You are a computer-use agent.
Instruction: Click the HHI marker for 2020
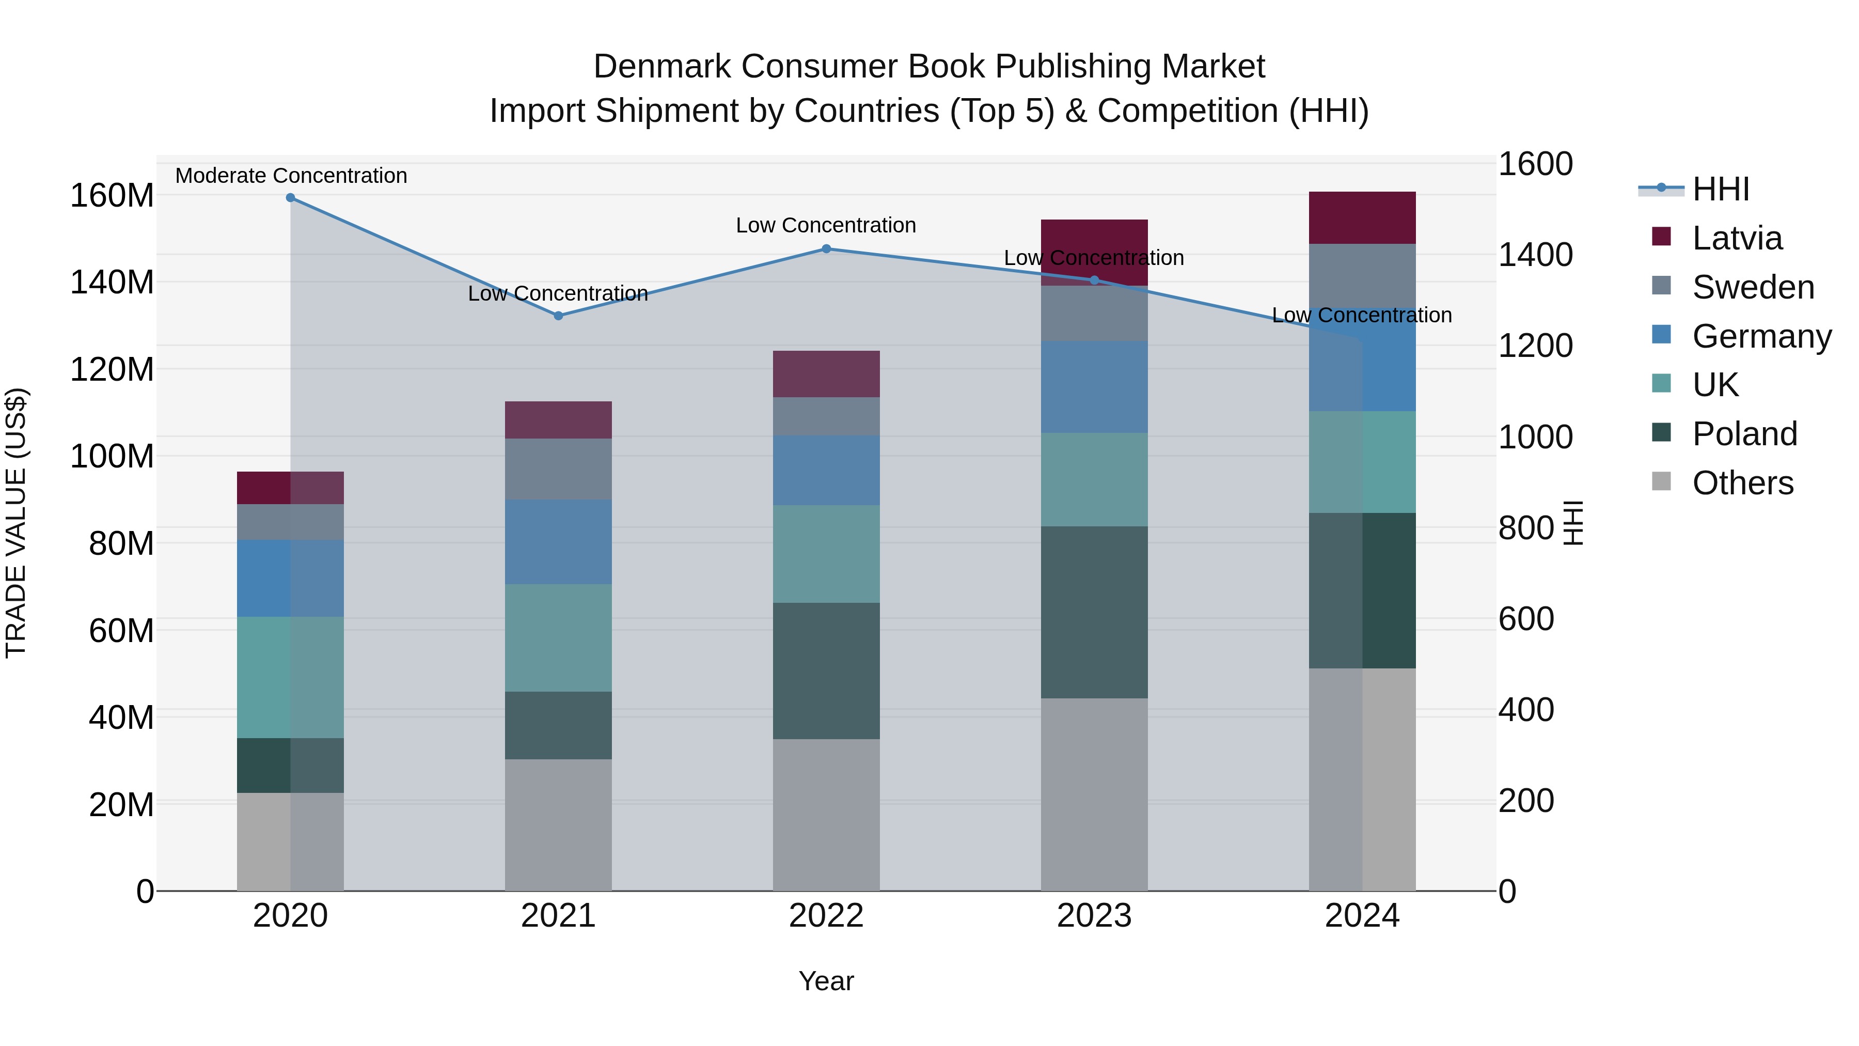[x=290, y=198]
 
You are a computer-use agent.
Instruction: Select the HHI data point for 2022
[x=826, y=249]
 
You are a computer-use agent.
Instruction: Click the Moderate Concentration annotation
[x=291, y=176]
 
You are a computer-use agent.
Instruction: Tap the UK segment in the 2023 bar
[x=1094, y=479]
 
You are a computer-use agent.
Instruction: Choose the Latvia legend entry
[x=1736, y=238]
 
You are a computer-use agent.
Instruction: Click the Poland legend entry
[x=1743, y=434]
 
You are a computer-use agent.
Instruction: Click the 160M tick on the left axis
[x=112, y=196]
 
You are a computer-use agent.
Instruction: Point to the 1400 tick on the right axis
[x=1535, y=255]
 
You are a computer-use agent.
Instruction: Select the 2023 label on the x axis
[x=1094, y=916]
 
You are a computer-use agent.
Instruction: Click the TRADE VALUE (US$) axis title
[x=16, y=523]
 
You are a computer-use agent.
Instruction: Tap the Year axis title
[x=826, y=981]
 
